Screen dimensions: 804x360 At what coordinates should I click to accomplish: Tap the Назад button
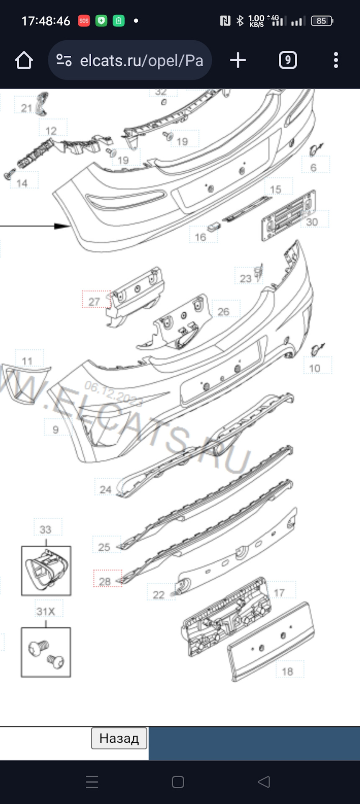click(x=119, y=738)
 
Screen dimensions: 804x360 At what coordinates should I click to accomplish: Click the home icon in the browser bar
click(x=24, y=60)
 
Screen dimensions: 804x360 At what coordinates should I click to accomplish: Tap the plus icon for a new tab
click(x=238, y=60)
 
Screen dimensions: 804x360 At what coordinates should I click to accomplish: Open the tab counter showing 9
click(x=288, y=60)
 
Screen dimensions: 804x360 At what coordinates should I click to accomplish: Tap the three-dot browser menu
click(x=336, y=60)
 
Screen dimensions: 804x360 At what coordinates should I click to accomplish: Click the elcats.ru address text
click(x=141, y=61)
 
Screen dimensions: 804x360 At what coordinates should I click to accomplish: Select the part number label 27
click(x=95, y=301)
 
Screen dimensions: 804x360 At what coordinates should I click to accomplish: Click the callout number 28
click(x=105, y=581)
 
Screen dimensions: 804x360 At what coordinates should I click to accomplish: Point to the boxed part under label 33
click(x=46, y=570)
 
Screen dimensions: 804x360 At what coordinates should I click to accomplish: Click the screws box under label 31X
click(x=46, y=652)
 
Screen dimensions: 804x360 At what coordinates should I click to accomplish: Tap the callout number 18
click(x=287, y=671)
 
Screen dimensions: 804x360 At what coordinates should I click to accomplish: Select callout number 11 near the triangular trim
click(x=27, y=361)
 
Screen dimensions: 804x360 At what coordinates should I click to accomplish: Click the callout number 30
click(x=312, y=222)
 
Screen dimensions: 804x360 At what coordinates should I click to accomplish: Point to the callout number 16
click(x=201, y=237)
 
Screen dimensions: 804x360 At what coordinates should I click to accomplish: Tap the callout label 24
click(x=105, y=489)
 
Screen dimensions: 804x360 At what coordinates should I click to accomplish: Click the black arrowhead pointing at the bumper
click(x=63, y=226)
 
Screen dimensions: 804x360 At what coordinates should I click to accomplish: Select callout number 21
click(x=26, y=108)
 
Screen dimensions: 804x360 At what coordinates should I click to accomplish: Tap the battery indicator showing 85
click(x=321, y=21)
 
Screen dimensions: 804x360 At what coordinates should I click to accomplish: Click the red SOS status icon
click(x=84, y=21)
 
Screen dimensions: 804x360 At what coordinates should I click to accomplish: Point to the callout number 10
click(x=315, y=368)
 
